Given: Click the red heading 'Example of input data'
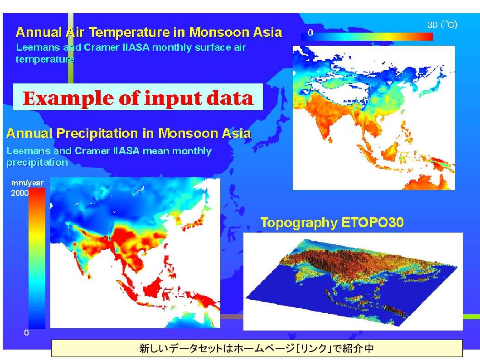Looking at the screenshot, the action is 138,98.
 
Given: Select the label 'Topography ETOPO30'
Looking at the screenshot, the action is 332,223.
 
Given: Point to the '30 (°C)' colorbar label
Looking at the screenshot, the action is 442,24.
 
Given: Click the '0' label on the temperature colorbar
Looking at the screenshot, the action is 310,33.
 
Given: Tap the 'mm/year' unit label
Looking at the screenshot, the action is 27,183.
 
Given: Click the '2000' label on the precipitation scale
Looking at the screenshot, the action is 19,193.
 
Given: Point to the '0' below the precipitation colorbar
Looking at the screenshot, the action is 26,333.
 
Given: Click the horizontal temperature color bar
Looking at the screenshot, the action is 367,37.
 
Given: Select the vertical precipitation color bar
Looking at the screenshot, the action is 37,259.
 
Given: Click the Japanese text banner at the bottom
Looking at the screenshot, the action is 257,348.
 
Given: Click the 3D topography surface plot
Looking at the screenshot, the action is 352,282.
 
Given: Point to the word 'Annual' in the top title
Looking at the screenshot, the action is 39,32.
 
